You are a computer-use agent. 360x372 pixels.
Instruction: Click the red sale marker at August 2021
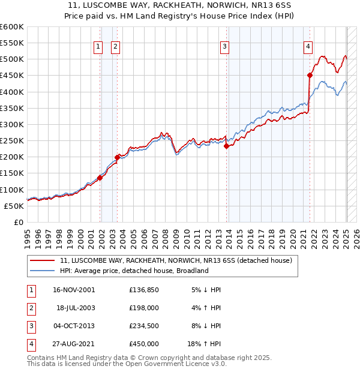point(310,75)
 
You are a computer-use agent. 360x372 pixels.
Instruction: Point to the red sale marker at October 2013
point(226,145)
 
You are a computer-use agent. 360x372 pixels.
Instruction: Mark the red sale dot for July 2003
point(118,157)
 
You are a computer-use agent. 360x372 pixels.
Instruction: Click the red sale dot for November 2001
point(100,177)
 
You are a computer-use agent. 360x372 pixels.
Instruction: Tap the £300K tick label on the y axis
point(11,124)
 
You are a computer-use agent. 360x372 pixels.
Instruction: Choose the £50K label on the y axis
point(14,206)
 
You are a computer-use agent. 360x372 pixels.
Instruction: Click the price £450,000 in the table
point(144,344)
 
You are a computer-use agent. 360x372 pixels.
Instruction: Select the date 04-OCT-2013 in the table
point(74,326)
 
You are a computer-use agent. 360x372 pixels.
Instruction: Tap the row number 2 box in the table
point(30,308)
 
